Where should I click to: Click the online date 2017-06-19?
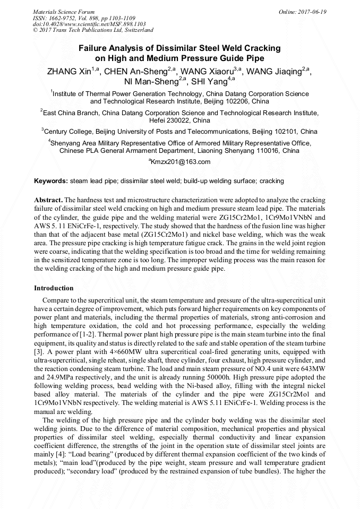(312, 12)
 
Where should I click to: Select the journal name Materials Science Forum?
(64, 12)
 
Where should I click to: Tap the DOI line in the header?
(89, 24)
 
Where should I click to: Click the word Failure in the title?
(93, 48)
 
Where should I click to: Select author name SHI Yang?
(209, 81)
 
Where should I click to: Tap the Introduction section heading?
(54, 288)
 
